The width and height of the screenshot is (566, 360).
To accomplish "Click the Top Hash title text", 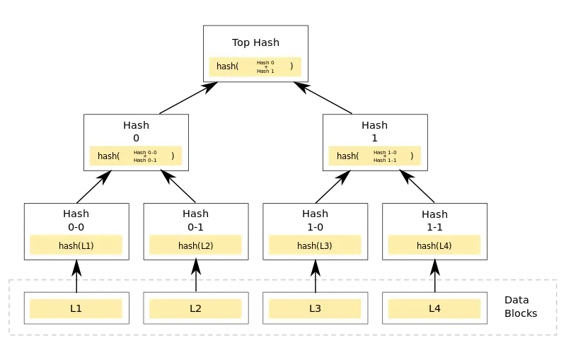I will [255, 42].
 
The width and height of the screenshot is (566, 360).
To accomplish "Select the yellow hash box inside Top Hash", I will [255, 66].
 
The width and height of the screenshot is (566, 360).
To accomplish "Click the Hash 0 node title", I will [136, 132].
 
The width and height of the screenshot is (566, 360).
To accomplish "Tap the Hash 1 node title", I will [374, 132].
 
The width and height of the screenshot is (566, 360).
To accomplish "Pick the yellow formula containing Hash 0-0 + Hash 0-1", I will [136, 156].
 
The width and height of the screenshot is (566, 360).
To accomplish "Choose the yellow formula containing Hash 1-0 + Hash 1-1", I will [374, 156].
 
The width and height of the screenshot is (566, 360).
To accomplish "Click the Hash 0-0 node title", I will [76, 220].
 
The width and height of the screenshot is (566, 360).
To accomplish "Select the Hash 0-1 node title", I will [195, 220].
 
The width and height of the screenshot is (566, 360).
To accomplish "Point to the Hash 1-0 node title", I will [315, 220].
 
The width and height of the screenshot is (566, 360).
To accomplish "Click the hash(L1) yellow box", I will [76, 245].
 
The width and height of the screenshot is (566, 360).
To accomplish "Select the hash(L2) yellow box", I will [195, 245].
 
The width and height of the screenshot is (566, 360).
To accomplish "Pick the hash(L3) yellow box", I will [315, 245].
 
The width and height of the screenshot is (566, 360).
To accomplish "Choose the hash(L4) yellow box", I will [434, 245].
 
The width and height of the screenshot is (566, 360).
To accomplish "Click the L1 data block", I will [76, 308].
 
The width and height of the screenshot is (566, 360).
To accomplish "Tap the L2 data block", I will [195, 308].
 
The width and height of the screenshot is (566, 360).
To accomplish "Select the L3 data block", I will [315, 308].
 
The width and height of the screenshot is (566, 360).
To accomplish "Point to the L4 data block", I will [434, 308].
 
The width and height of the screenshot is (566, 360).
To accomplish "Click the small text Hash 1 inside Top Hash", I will [265, 71].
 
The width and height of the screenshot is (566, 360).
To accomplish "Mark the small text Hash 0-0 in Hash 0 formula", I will [145, 152].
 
